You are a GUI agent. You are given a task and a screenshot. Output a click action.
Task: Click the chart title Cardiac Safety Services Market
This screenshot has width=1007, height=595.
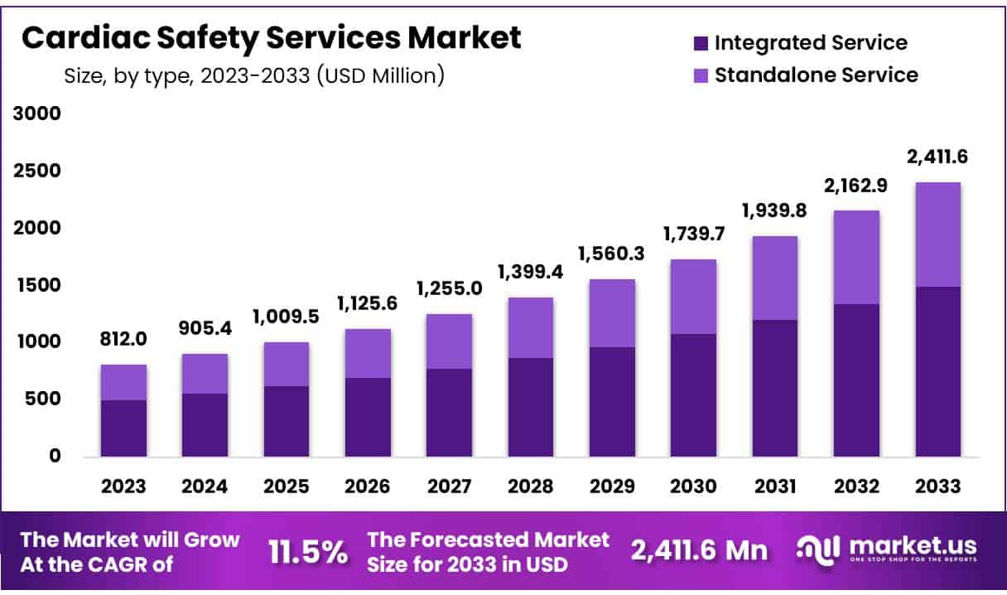point(271,37)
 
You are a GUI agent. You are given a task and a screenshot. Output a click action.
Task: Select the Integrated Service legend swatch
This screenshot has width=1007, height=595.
point(699,42)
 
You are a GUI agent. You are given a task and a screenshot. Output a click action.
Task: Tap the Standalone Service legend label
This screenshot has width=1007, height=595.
point(816,75)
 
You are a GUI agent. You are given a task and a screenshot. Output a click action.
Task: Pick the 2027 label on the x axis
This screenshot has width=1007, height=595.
point(450,486)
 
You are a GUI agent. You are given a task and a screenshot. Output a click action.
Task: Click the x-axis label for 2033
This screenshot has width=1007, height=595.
point(938,486)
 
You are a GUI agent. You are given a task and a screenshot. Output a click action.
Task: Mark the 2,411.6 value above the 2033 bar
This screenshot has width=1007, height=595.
point(937,157)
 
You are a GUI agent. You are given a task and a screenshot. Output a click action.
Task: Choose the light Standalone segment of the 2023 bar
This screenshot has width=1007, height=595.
point(124,383)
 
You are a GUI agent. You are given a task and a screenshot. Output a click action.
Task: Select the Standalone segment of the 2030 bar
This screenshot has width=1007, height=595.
point(694,297)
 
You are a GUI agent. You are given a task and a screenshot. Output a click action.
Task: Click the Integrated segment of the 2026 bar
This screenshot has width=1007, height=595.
point(369,417)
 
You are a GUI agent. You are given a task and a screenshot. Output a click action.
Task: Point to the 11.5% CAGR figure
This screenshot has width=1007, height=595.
point(308,552)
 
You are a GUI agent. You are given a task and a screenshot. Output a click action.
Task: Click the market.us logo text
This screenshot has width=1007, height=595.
point(910,546)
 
